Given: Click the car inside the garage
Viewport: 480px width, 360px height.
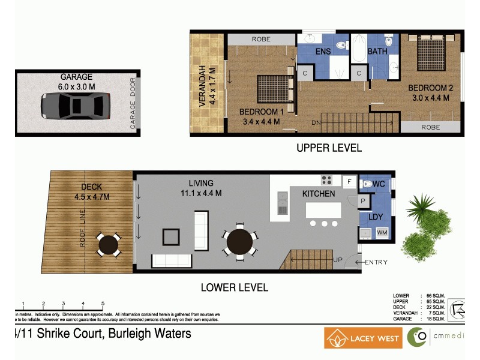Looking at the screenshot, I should [76, 106].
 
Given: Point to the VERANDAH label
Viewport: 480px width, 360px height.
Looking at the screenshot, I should [202, 85].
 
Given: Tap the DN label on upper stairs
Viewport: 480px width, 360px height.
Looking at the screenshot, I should [316, 123].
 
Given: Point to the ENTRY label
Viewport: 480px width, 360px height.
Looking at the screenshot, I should [376, 262].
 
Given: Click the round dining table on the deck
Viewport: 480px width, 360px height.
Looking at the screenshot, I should [109, 244].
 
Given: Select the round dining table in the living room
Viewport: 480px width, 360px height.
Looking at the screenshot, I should [239, 243].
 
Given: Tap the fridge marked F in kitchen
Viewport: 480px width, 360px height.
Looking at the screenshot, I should [348, 181].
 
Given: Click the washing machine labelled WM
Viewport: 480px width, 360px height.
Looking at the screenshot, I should [382, 232].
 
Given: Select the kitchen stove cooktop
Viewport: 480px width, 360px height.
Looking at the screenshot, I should [327, 179].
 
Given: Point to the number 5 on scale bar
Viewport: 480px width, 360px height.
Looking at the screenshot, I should [103, 303].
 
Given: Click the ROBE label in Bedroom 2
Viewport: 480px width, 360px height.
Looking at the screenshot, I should [430, 127].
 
